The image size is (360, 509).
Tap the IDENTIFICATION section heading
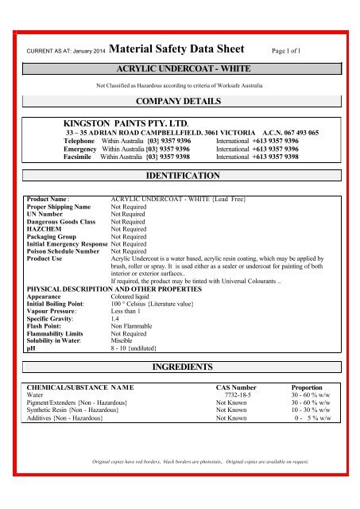[180, 173]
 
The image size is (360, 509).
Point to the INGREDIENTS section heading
[180, 367]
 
